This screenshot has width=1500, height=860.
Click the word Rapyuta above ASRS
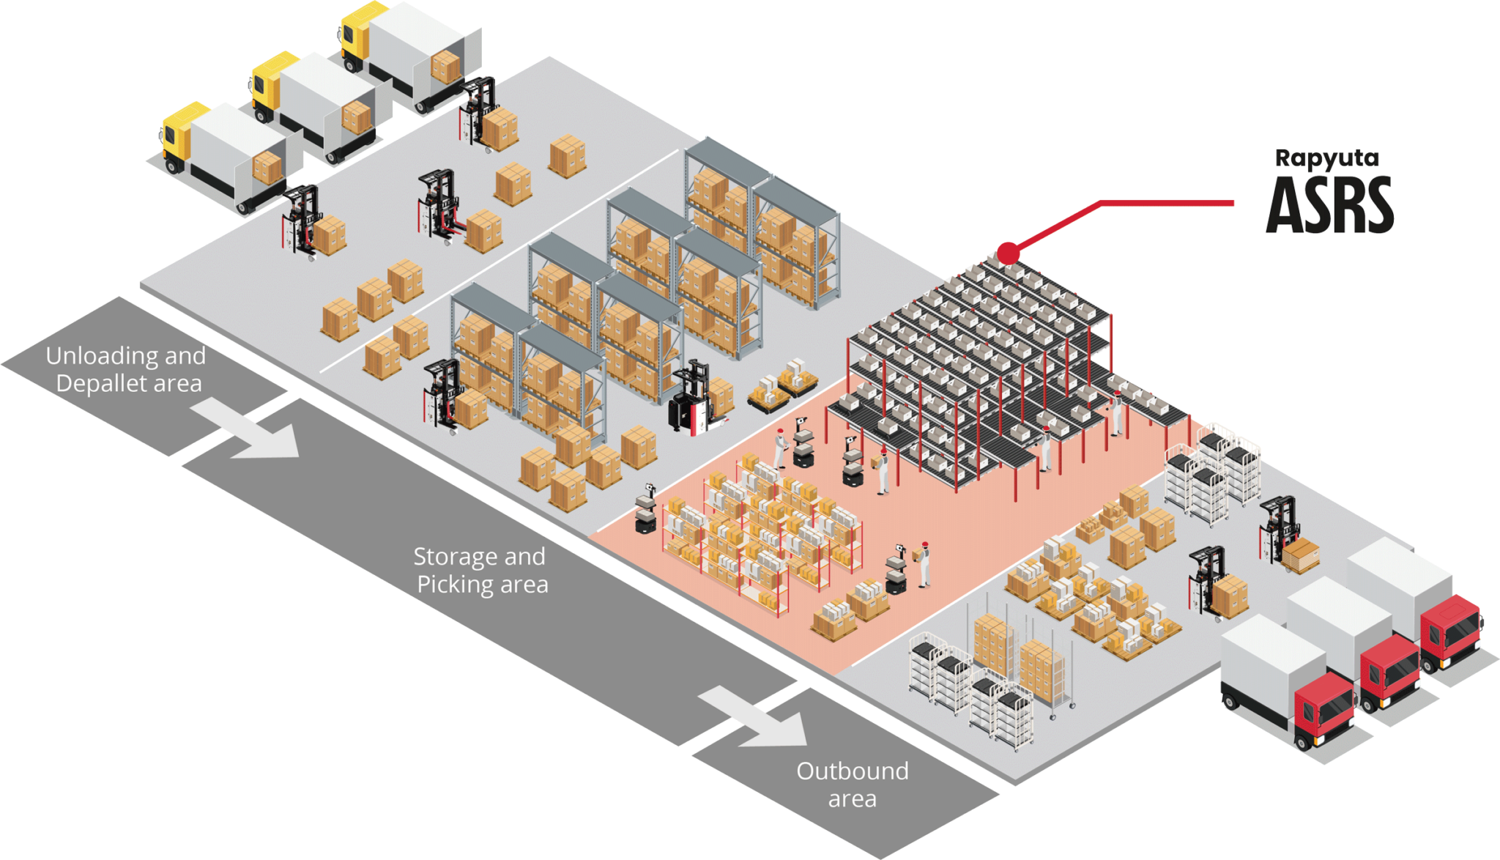(x=1326, y=158)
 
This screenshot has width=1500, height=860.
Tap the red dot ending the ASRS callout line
(x=1008, y=253)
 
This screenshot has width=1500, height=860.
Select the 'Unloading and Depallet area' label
(x=126, y=369)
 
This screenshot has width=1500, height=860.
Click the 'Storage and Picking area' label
(x=480, y=570)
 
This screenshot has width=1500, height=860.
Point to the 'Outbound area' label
(x=852, y=784)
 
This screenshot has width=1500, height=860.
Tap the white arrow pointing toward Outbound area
(x=762, y=721)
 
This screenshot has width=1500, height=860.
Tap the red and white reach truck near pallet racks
(x=692, y=399)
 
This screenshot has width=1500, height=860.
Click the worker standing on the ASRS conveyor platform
(x=1116, y=414)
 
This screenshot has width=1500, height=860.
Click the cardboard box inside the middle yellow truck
(x=357, y=117)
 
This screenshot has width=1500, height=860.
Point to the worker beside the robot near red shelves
(x=924, y=563)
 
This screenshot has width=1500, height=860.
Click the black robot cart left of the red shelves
(x=644, y=509)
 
